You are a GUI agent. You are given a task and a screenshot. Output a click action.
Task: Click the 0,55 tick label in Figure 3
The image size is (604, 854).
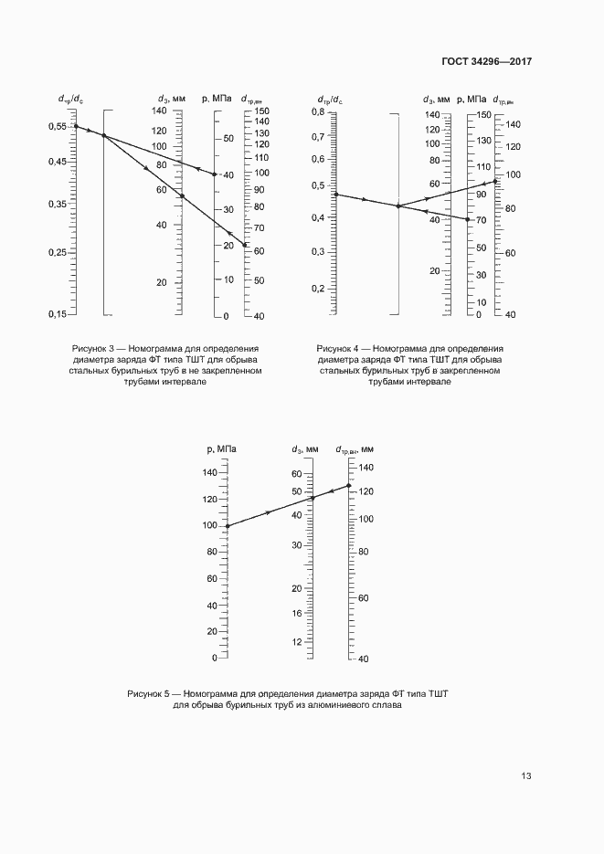57,126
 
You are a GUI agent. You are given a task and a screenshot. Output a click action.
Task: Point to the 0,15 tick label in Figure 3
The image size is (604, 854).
57,314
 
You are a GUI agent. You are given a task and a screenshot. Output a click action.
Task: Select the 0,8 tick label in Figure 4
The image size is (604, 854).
318,111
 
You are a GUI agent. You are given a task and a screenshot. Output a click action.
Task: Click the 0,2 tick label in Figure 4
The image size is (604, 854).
318,289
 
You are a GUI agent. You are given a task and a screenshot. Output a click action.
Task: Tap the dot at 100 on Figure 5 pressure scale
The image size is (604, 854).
227,526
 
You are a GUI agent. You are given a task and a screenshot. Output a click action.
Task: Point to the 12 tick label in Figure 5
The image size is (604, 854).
296,642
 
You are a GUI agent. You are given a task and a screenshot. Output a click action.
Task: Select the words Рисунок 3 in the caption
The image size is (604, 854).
94,348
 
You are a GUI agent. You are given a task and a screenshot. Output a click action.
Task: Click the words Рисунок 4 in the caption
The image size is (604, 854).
339,348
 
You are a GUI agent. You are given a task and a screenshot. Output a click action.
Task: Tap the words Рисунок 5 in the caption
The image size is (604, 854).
149,695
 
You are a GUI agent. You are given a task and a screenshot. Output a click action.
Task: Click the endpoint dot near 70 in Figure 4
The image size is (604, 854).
468,219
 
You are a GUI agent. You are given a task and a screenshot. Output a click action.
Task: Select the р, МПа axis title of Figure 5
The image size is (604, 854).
222,448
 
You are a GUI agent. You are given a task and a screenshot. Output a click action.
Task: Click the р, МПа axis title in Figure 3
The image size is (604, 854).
216,98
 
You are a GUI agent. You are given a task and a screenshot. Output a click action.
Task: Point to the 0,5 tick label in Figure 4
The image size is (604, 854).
318,185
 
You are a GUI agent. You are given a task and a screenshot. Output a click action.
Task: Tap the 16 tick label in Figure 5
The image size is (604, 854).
296,613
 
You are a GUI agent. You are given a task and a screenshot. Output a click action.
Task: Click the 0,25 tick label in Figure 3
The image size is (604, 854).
57,252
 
